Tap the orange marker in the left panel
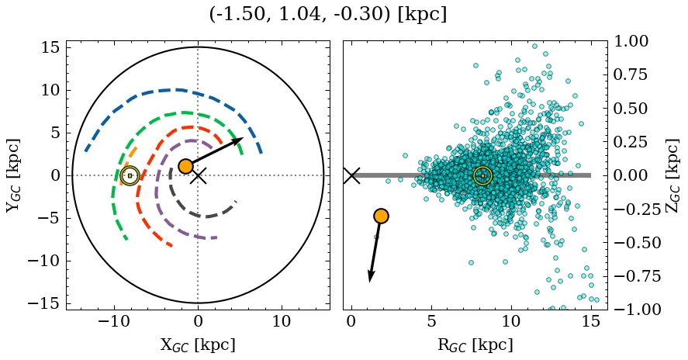(x=185, y=166)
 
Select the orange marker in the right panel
(x=381, y=216)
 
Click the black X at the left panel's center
(x=199, y=175)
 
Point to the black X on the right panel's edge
(x=351, y=175)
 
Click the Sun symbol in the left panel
(x=130, y=175)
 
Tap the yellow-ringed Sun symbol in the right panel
(x=482, y=175)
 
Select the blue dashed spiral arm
(x=171, y=91)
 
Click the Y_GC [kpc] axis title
(x=13, y=175)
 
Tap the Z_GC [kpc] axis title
(x=673, y=175)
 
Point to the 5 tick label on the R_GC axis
(x=430, y=321)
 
